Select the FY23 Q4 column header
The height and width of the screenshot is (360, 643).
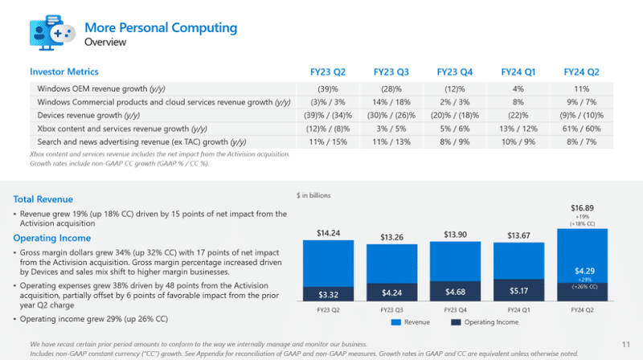[x=455, y=72]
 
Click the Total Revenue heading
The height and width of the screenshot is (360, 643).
[x=43, y=199]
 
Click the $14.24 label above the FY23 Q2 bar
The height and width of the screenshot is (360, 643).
[x=330, y=234]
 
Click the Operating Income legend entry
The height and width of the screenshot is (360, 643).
[x=489, y=323]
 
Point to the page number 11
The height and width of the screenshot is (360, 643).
[x=625, y=342]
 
